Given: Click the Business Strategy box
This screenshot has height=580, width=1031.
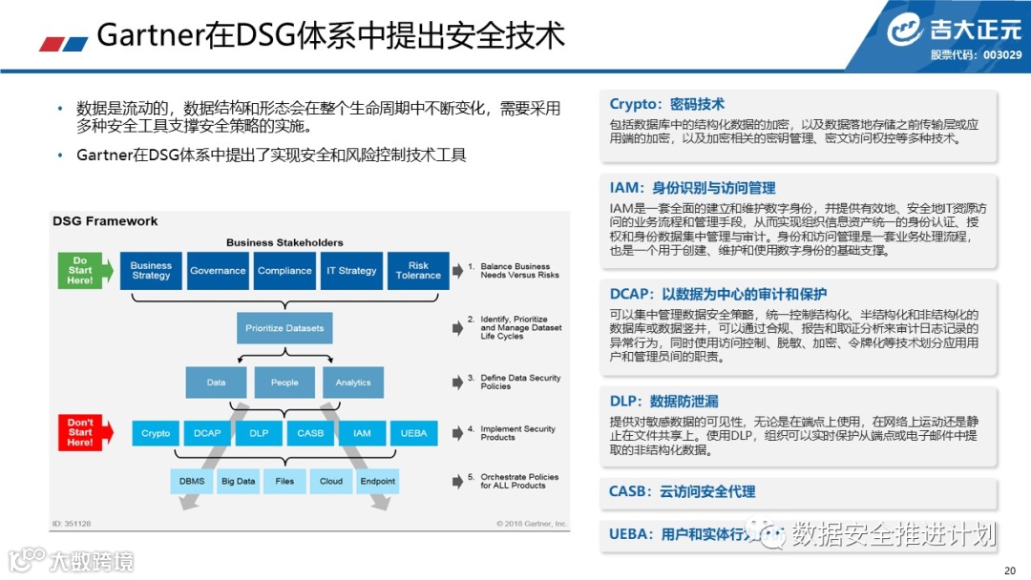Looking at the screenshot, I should (151, 270).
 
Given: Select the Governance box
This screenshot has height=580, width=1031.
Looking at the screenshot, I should (218, 270).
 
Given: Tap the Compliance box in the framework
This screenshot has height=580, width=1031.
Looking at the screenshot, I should (284, 270).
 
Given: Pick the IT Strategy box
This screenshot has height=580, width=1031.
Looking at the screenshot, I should (351, 270).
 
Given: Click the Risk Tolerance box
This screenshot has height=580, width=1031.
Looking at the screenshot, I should (418, 270).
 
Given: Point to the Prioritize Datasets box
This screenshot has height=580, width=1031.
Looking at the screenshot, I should (284, 328).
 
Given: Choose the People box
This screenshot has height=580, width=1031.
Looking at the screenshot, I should (284, 383).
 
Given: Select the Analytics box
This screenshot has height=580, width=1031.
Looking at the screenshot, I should (352, 383).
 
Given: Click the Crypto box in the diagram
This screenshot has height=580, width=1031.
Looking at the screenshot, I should (156, 433).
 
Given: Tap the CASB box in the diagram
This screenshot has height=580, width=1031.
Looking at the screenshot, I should (310, 433).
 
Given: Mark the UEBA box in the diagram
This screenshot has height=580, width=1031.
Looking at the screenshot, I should (413, 433).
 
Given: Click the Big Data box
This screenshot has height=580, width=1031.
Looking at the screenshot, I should (239, 481).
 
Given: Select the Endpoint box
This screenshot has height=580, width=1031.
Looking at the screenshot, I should (377, 481).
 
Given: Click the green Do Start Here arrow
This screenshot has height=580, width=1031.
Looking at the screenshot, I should (84, 270).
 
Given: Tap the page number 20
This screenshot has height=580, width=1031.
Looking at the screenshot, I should (1010, 570).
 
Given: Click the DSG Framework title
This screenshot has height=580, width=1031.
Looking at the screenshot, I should (105, 221).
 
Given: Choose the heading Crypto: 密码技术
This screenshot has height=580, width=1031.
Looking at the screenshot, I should (667, 104).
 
